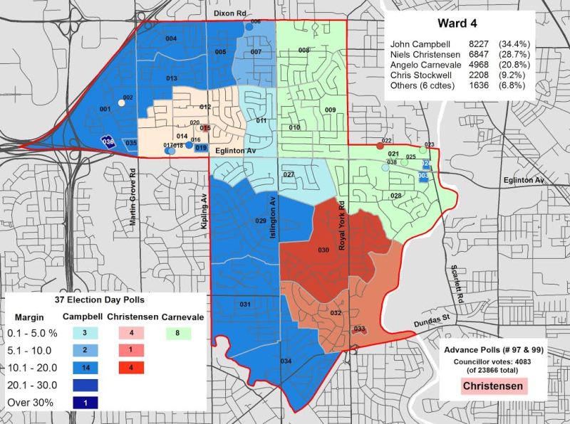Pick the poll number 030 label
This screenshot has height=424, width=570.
click(x=323, y=250)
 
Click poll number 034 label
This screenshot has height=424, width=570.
click(x=286, y=361)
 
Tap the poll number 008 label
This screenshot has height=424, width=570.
click(x=304, y=51)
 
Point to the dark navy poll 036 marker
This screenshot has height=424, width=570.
click(x=108, y=142)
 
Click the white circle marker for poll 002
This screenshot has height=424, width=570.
click(x=120, y=103)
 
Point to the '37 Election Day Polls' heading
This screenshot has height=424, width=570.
click(x=105, y=300)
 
